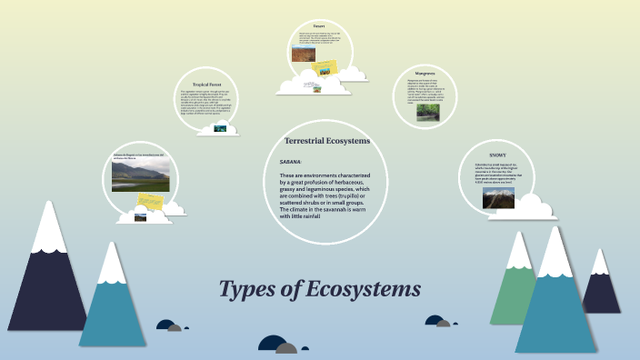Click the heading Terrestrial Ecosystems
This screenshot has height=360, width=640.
click(327, 141)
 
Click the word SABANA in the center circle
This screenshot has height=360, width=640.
click(290, 161)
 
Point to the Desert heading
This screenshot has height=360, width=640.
click(319, 26)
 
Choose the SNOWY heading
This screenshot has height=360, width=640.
click(497, 155)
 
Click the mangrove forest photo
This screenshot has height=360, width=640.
click(428, 113)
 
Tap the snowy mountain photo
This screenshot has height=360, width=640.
click(497, 197)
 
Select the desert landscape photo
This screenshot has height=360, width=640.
click(303, 55)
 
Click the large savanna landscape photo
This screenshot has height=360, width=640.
click(140, 176)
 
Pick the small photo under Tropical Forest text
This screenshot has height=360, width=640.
click(220, 128)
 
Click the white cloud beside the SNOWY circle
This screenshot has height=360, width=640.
click(535, 209)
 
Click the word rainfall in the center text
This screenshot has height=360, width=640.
click(305, 215)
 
